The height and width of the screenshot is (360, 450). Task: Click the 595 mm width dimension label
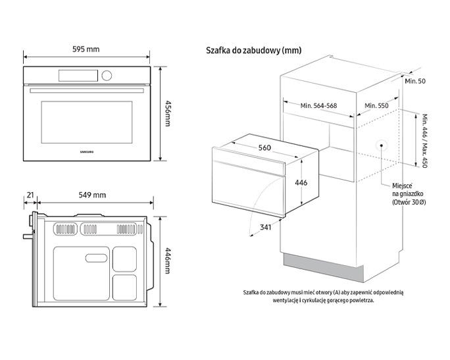point(86,49)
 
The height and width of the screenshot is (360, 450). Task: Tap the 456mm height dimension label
point(168,114)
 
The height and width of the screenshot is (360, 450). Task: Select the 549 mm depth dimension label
point(91,195)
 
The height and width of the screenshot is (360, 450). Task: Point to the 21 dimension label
point(30,195)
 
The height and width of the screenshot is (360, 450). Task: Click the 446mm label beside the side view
point(168,261)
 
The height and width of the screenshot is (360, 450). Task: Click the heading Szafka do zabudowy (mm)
point(253,50)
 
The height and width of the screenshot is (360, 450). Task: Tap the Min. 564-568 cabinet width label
point(318,105)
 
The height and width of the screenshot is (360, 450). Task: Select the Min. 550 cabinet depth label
point(377,105)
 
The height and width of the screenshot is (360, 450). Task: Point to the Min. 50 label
point(415,80)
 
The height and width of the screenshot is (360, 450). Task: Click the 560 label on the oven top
point(264,147)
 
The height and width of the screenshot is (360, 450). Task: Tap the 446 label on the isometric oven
point(300,182)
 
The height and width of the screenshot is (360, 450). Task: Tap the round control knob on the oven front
point(107,76)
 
